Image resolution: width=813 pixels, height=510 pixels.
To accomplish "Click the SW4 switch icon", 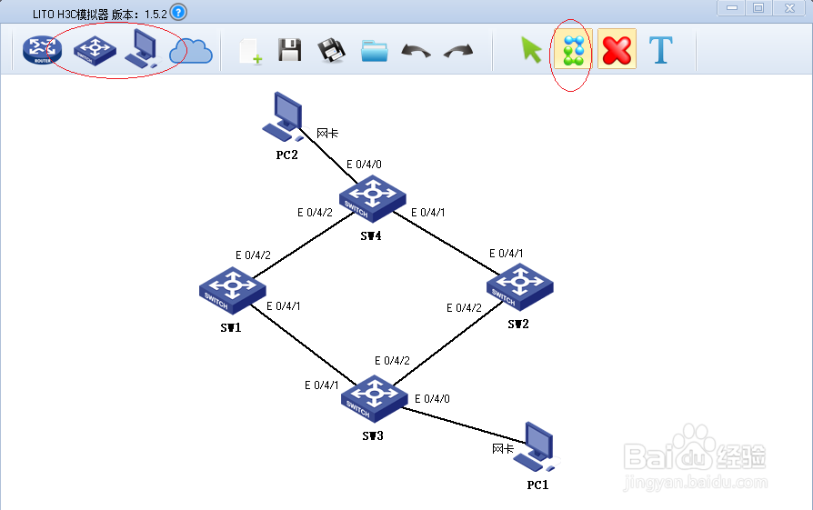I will pyautogui.click(x=371, y=197).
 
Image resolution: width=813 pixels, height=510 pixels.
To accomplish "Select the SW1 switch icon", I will pyautogui.click(x=232, y=288).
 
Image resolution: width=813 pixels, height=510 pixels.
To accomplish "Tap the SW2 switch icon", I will pyautogui.click(x=519, y=285).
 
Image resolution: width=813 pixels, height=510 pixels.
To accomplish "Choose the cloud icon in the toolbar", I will pyautogui.click(x=191, y=52).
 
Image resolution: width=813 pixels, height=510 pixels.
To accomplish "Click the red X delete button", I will pyautogui.click(x=617, y=51).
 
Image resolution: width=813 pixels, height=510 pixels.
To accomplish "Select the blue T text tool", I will pyautogui.click(x=661, y=50).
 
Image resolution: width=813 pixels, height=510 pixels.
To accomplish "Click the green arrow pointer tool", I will pyautogui.click(x=530, y=51).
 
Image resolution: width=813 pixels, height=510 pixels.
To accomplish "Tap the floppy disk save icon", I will pyautogui.click(x=290, y=51).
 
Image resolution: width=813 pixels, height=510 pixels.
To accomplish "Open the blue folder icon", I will pyautogui.click(x=374, y=51).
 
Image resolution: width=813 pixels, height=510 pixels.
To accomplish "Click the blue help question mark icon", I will pyautogui.click(x=178, y=12).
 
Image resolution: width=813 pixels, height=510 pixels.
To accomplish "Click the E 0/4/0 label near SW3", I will pyautogui.click(x=432, y=398).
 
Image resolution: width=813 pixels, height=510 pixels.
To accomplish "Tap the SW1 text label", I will pyautogui.click(x=230, y=326).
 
